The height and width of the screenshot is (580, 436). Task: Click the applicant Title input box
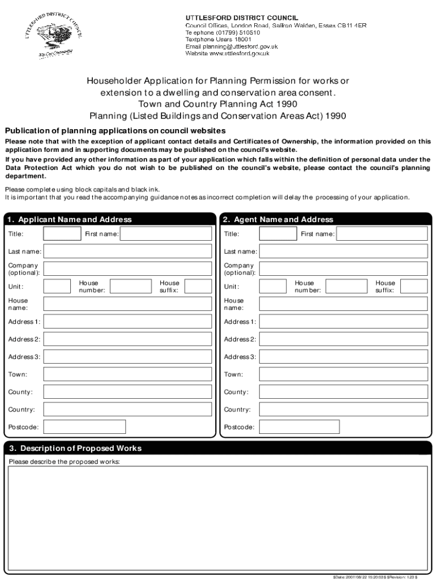[x=62, y=234]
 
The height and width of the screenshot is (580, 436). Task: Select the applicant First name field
[x=166, y=234]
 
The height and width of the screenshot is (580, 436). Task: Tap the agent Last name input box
[x=343, y=251]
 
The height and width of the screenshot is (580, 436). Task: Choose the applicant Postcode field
[x=84, y=427]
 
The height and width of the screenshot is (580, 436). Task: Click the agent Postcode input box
[x=300, y=427]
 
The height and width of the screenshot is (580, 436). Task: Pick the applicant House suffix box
[x=198, y=286]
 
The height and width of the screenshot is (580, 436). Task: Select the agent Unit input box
[x=273, y=286]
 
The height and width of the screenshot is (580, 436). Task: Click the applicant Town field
[x=127, y=374]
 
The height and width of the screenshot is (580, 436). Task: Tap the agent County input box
[x=343, y=392]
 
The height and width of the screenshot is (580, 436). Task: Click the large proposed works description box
[x=217, y=516]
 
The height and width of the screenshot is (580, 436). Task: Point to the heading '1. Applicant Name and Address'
[x=70, y=219]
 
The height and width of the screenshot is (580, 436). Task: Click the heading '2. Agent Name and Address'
[x=278, y=219]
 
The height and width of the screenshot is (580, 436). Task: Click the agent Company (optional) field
[x=343, y=268]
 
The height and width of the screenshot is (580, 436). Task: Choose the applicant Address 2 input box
[x=127, y=339]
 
